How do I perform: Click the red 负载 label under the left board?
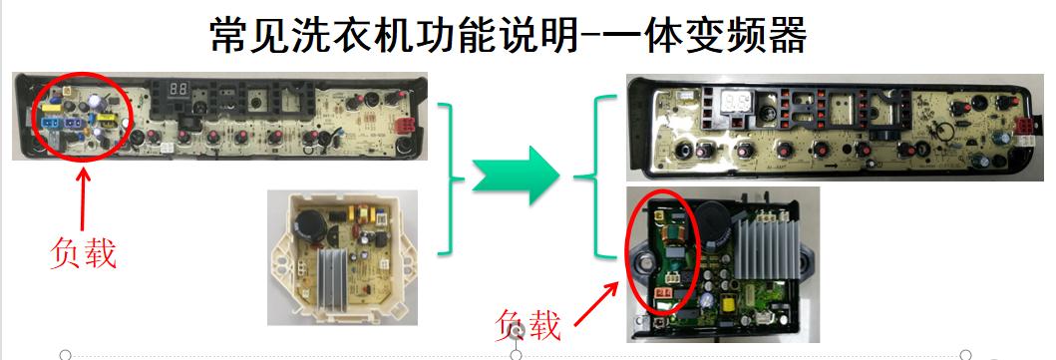click(x=84, y=252)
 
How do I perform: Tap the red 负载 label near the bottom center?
click(x=528, y=323)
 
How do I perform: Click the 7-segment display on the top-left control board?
click(x=179, y=90)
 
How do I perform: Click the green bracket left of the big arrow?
click(x=452, y=179)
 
